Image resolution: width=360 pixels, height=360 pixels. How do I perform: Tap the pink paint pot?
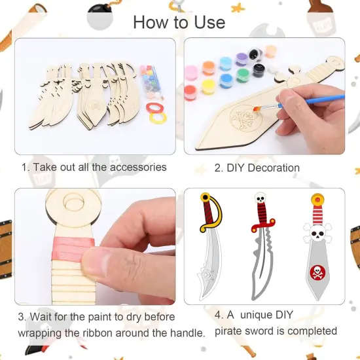[x=191, y=71]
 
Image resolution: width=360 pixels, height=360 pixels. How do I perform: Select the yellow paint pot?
[x=208, y=86]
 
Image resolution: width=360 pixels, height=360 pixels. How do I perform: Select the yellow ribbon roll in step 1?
[x=158, y=118]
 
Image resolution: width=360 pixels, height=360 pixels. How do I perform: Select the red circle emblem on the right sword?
[x=316, y=271]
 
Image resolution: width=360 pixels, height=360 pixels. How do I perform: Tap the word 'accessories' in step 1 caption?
[x=135, y=167]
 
